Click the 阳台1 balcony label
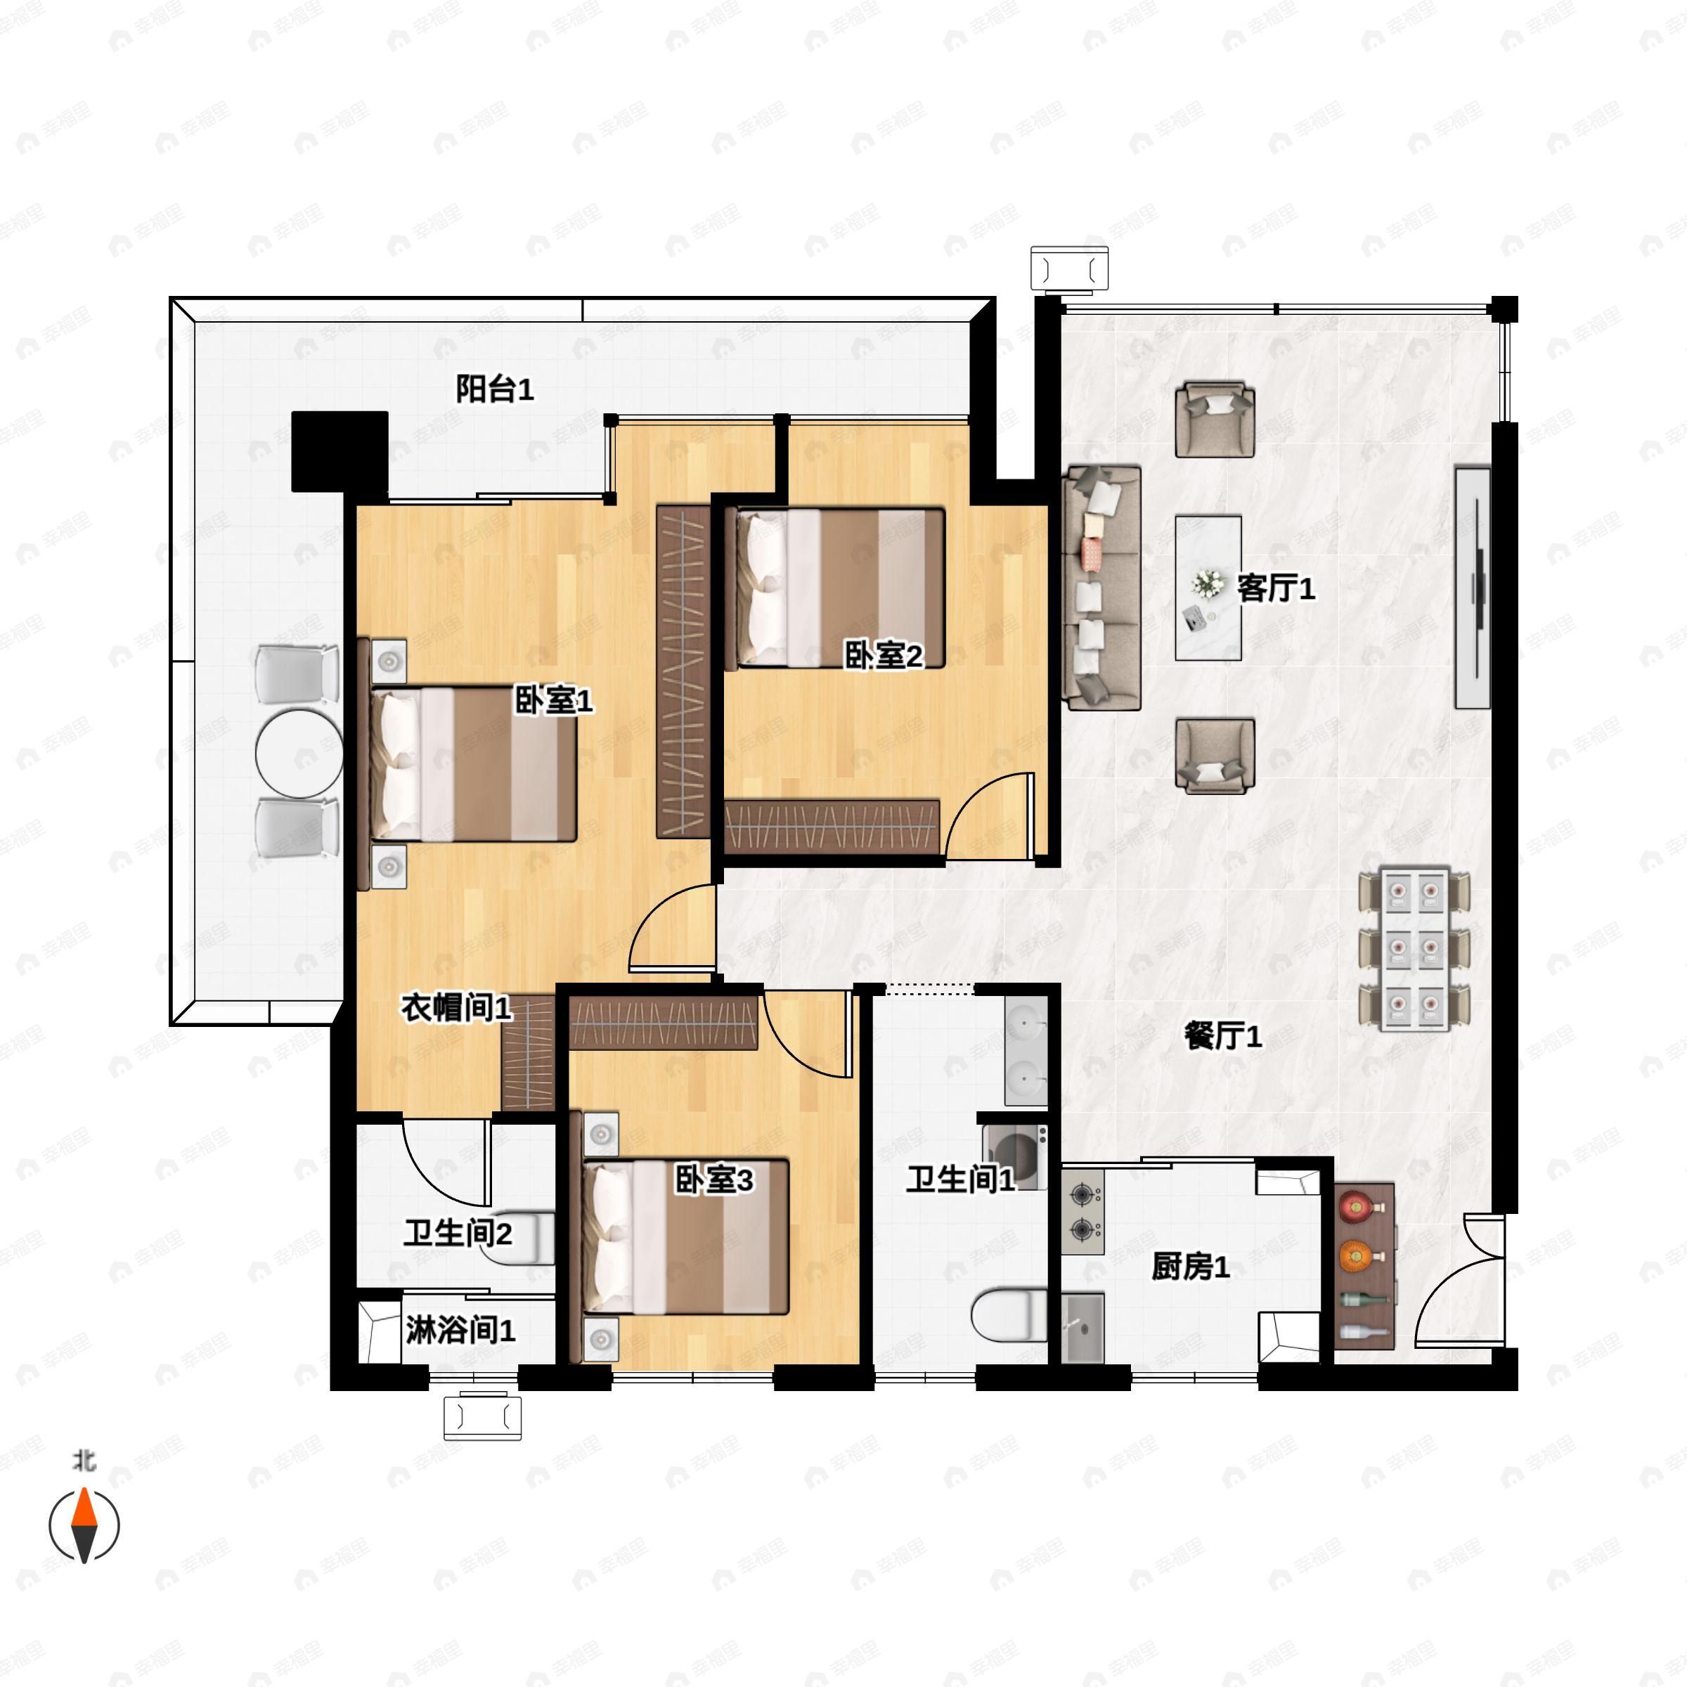tap(494, 389)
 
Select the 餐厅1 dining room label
tap(1222, 1037)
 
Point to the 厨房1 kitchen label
tap(1190, 1266)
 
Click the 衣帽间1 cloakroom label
tap(455, 1009)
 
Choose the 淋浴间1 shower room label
tap(460, 1331)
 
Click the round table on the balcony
tap(299, 754)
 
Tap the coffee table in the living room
tap(1208, 588)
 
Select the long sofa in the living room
tap(1103, 588)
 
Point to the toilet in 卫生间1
tap(1009, 1315)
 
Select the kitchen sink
tap(1082, 1327)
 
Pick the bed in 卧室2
tap(840, 588)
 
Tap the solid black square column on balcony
tap(340, 451)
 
